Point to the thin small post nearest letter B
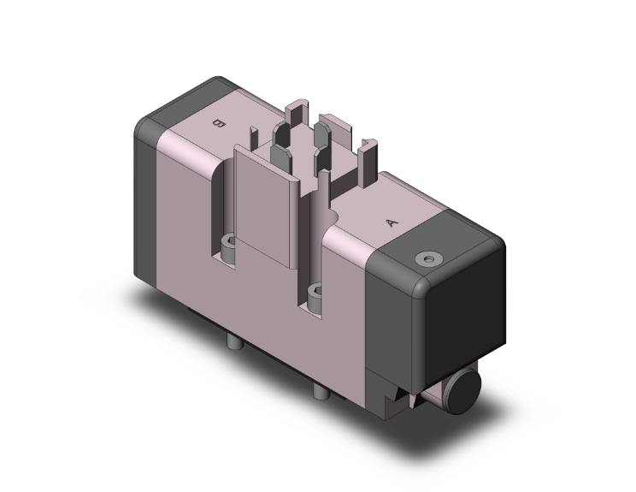coord(254,135)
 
